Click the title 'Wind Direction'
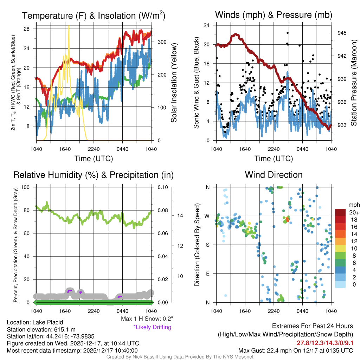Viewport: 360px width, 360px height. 274,175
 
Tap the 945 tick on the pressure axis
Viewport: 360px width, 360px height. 342,33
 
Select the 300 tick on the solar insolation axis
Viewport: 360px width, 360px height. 162,42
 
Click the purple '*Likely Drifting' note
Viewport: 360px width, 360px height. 152,327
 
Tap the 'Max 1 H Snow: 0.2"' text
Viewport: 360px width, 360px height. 147,319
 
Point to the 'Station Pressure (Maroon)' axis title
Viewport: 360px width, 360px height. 354,83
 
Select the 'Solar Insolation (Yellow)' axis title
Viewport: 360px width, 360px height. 174,83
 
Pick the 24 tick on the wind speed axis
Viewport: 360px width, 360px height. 207,25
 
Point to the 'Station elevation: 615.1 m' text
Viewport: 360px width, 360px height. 41,329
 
